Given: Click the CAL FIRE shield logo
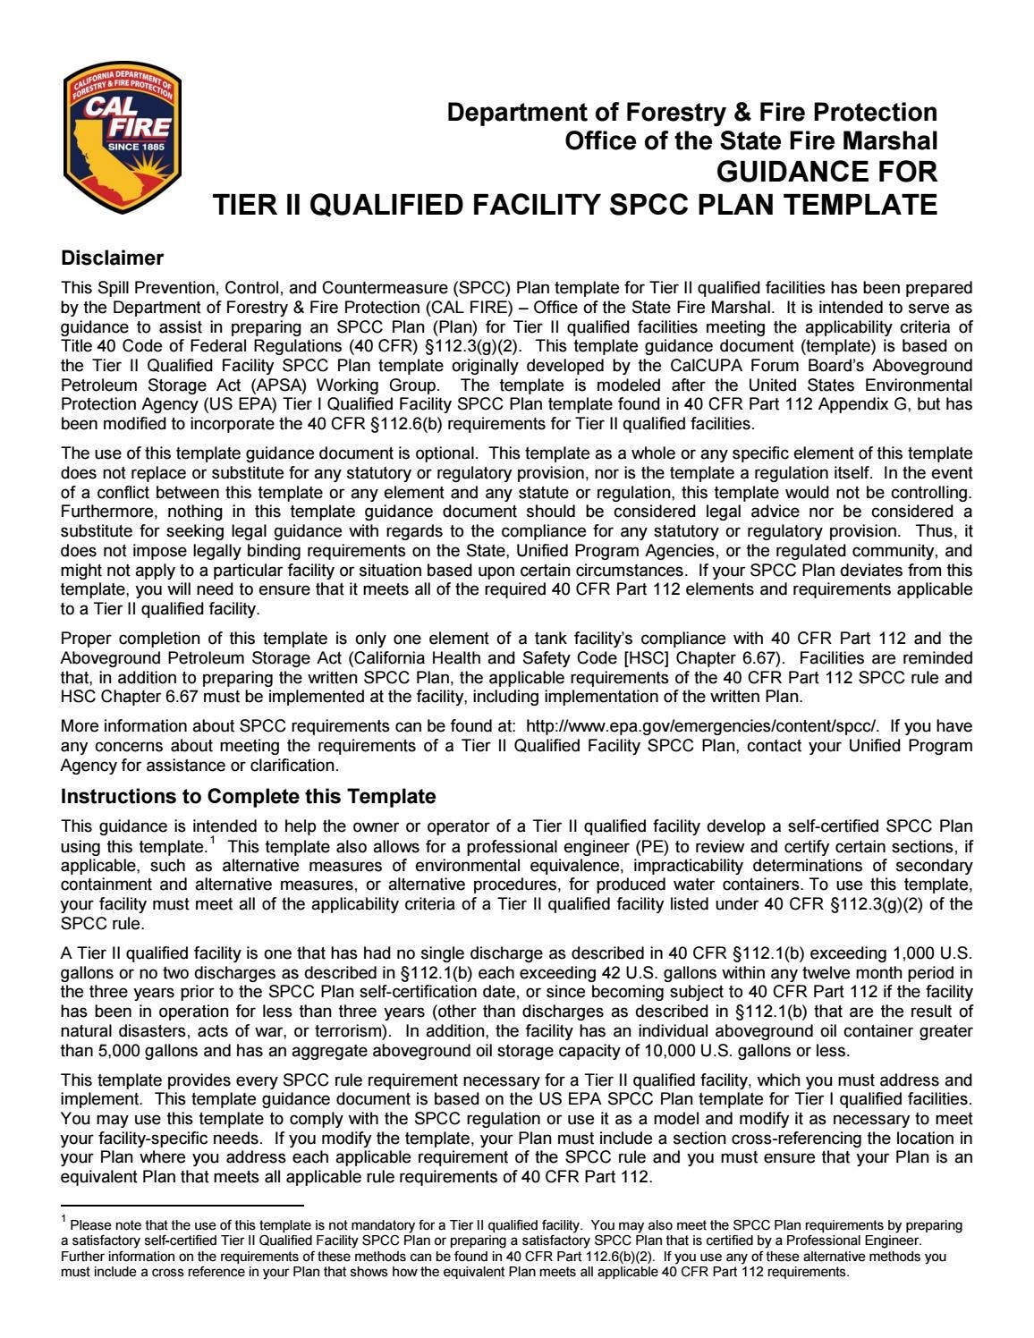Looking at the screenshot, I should tap(123, 138).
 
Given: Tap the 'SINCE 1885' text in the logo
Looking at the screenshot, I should tap(136, 146).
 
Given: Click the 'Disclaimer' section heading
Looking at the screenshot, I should tap(112, 258).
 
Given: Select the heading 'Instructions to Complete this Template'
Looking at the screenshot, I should tap(248, 797).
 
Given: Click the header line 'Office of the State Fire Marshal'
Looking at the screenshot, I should tap(750, 141).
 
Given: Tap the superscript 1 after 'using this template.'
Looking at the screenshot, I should tap(212, 842).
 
